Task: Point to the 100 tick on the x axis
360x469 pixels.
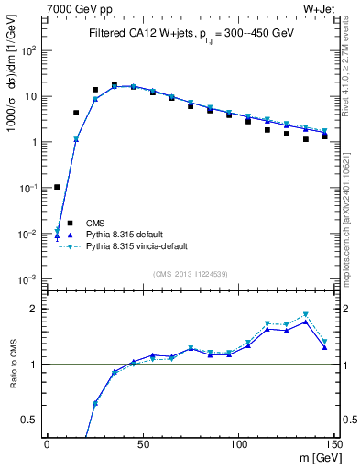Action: click(238, 444)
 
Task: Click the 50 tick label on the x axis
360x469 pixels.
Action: click(142, 444)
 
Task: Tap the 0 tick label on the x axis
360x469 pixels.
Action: click(47, 444)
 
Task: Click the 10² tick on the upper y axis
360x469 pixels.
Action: click(29, 50)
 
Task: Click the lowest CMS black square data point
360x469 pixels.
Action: click(57, 187)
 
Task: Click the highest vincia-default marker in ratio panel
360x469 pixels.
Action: click(306, 315)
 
